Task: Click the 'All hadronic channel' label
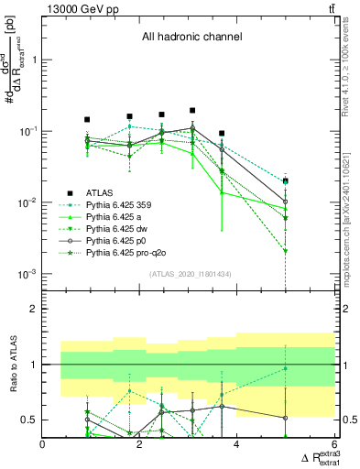coord(191,38)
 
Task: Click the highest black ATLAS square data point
coord(191,111)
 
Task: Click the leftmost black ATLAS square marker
coord(87,119)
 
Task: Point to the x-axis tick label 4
coord(237,445)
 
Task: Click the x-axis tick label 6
coord(334,445)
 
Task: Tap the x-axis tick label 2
coord(140,445)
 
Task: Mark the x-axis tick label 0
coord(43,445)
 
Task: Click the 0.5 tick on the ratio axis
coord(30,420)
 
